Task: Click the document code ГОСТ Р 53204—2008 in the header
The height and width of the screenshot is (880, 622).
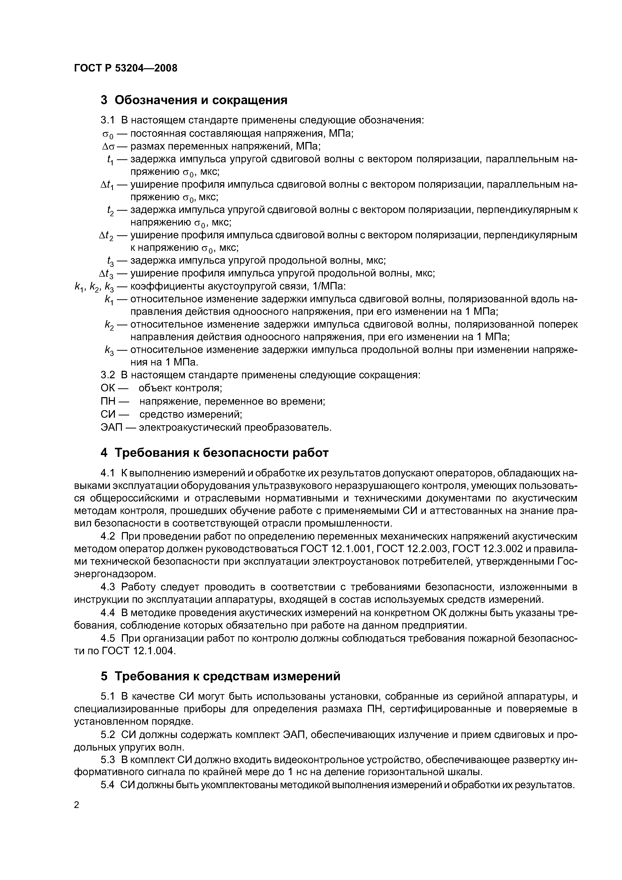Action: pos(126,68)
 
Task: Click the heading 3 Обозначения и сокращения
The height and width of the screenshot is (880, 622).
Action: pos(194,100)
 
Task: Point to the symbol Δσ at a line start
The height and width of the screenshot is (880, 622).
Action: pos(107,146)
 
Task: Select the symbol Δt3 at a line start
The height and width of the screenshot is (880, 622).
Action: pos(107,274)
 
